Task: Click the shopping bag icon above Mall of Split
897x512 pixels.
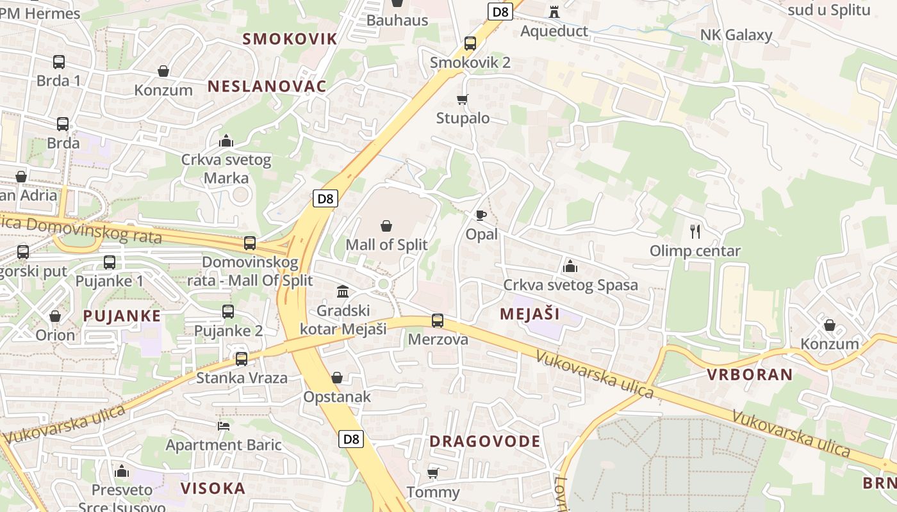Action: click(x=386, y=226)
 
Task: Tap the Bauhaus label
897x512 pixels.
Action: click(x=397, y=20)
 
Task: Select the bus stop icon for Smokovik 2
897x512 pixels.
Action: click(x=470, y=44)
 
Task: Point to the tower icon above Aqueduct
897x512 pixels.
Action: click(x=554, y=12)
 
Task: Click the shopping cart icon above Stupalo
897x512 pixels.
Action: click(x=462, y=99)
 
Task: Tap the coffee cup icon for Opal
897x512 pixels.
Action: click(x=481, y=215)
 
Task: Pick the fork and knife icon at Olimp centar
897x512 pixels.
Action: click(x=695, y=231)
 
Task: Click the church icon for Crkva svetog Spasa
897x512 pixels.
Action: click(x=570, y=266)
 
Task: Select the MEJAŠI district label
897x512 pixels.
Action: click(x=529, y=314)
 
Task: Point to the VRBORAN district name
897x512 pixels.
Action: click(x=750, y=374)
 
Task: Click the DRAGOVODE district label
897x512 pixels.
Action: click(x=485, y=441)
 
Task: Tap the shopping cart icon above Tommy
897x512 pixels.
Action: click(x=433, y=474)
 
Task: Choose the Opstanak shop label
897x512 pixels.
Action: click(x=337, y=397)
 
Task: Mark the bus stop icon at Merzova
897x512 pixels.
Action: click(x=438, y=321)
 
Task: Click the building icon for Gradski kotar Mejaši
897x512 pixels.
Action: click(x=343, y=292)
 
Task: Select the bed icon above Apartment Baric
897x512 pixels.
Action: click(x=224, y=426)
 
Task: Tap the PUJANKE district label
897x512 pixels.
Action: click(x=122, y=316)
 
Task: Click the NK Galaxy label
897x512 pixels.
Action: click(x=736, y=35)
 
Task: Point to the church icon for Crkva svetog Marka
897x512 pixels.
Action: click(x=226, y=141)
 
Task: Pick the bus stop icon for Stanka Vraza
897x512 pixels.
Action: click(x=242, y=358)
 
